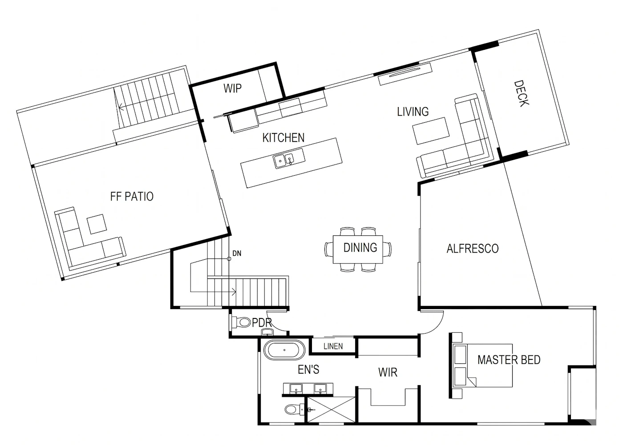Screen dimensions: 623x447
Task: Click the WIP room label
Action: coord(232,89)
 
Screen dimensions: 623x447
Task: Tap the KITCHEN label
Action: coord(283,137)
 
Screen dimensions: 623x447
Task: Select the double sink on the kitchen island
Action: coord(289,158)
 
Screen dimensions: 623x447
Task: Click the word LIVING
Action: coord(413,112)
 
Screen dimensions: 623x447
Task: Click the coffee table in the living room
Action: coord(431,131)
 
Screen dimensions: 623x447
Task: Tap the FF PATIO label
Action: coord(132,197)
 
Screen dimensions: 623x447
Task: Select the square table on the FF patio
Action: coord(97,224)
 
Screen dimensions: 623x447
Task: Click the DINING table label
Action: coord(360,247)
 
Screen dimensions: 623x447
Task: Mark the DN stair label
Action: coord(237,253)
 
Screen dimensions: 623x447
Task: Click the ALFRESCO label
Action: coord(473,249)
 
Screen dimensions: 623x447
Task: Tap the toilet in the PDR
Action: coord(241,322)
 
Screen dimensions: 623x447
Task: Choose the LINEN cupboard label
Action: coord(333,346)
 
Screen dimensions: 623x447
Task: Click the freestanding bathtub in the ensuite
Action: coord(284,350)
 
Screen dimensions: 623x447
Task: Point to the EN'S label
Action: coord(308,370)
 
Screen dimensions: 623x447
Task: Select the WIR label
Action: coord(388,372)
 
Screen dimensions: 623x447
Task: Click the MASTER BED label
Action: coord(509,360)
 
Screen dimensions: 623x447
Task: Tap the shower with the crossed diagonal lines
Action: coord(331,410)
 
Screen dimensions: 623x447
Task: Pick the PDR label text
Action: coord(262,322)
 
